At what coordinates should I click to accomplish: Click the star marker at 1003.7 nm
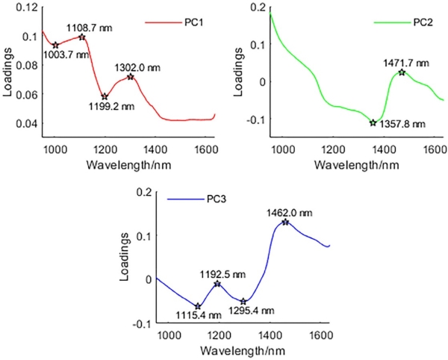(x=55, y=45)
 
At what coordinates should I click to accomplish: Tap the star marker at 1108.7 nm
(x=82, y=37)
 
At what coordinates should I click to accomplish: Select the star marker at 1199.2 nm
(x=105, y=97)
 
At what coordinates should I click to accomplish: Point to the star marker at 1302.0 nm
(x=131, y=77)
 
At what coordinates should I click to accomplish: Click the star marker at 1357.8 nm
(x=373, y=122)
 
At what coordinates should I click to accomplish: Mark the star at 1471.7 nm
(x=402, y=72)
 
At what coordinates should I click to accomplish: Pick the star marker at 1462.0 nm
(x=285, y=222)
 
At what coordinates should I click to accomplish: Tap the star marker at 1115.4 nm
(x=198, y=306)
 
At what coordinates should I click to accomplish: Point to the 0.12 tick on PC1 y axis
(x=28, y=7)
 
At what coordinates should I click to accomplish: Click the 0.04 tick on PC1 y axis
(x=28, y=123)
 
